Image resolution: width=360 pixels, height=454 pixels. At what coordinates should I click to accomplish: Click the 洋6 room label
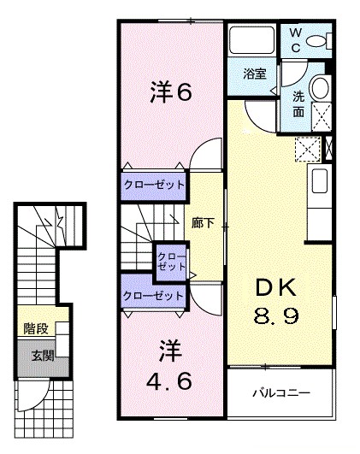tap(170, 91)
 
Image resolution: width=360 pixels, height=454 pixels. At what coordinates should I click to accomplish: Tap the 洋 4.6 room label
tap(169, 365)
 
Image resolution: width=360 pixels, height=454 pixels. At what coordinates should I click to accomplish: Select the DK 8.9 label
tap(276, 301)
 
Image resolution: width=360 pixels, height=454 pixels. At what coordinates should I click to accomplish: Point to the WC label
tap(295, 40)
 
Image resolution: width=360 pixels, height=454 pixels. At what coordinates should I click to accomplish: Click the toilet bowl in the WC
tap(316, 41)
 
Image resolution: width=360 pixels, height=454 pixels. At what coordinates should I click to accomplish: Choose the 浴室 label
tap(255, 74)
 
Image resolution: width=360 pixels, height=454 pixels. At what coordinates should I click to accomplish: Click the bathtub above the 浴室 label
tap(251, 40)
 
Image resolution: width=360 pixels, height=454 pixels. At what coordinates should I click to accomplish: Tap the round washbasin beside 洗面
tap(321, 88)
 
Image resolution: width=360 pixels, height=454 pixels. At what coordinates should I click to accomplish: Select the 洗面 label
tap(298, 104)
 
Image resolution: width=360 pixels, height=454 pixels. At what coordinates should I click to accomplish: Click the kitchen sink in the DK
tap(320, 180)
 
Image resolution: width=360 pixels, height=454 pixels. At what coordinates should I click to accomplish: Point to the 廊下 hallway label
tap(203, 223)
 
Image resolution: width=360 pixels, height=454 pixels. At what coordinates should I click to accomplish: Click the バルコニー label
tap(281, 393)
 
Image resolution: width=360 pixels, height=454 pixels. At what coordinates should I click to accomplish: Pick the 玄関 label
tap(43, 356)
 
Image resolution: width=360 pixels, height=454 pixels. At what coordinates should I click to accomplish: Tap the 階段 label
tap(36, 328)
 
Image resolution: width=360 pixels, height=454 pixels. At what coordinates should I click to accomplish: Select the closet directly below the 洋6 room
tap(153, 186)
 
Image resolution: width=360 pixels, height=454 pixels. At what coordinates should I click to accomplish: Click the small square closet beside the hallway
tap(171, 262)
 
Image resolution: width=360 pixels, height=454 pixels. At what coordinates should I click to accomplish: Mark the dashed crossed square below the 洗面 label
tap(322, 116)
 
